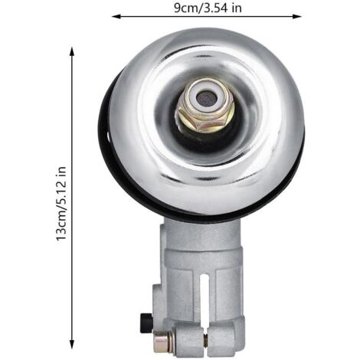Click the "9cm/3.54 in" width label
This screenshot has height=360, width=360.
point(208,8)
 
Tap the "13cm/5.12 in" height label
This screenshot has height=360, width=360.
point(61,204)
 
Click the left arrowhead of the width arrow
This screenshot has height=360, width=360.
point(116,17)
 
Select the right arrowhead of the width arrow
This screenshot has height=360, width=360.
point(297,17)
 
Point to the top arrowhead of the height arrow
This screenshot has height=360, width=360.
point(72,51)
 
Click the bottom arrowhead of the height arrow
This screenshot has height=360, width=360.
point(72,344)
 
